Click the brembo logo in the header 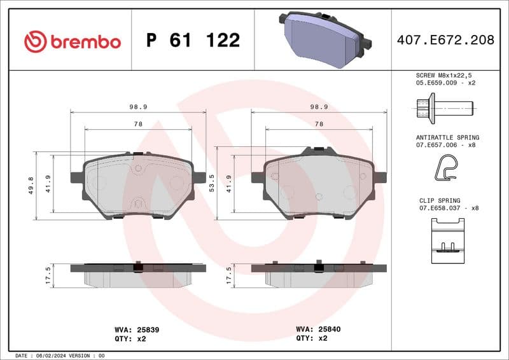click(72, 41)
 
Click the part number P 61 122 click(193, 41)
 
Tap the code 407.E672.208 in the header click(445, 40)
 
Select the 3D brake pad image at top click(324, 39)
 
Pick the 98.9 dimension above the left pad click(139, 107)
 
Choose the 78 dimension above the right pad click(319, 124)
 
